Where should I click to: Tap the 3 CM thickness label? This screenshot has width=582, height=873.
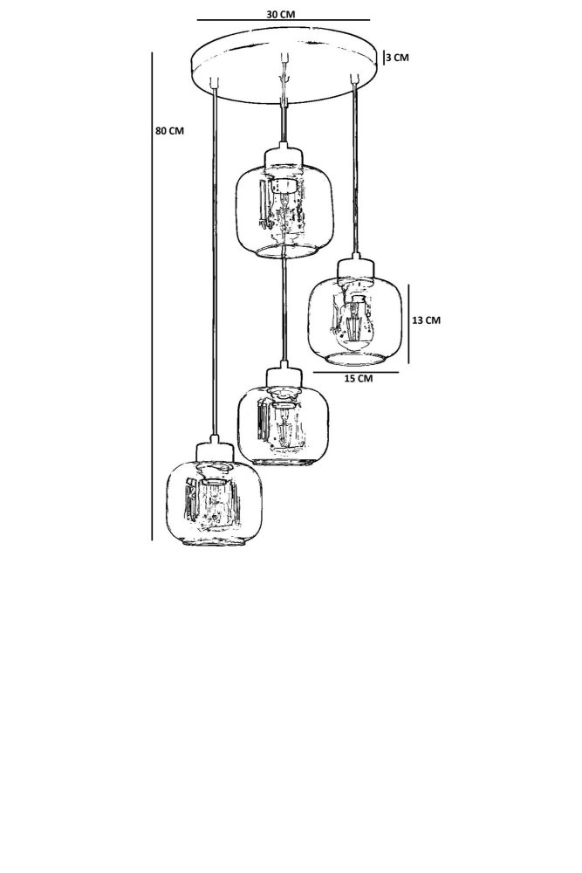point(396,58)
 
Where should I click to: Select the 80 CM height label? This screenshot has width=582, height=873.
point(169,131)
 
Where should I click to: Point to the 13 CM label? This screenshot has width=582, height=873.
point(426,320)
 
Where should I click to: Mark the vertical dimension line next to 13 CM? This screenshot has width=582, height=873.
point(407,320)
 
